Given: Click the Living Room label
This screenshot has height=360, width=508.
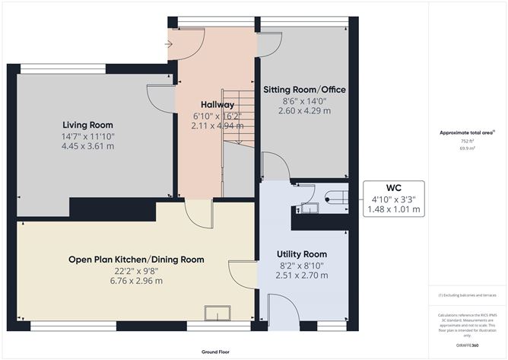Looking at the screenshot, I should tap(88, 125).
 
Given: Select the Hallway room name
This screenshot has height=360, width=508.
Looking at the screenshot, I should tap(217, 104).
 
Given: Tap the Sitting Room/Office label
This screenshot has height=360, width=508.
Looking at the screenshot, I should tap(304, 89).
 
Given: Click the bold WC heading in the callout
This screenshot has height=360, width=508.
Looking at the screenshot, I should tap(393, 188).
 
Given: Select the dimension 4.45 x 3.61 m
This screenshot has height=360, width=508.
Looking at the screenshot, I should tap(88, 146).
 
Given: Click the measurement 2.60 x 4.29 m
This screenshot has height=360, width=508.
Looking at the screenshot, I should tap(304, 110).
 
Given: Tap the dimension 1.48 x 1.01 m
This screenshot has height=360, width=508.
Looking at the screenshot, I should tap(393, 209).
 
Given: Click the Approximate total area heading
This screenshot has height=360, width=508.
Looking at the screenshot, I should tap(466, 132).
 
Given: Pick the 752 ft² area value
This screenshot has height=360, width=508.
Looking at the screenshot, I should tap(466, 141).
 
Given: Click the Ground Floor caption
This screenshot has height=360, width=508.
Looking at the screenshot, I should tap(215, 352).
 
